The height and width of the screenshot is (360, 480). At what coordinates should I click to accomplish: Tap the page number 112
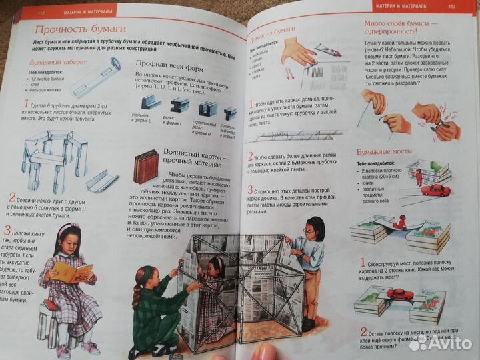[x=41, y=10]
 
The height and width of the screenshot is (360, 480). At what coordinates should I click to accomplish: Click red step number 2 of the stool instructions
[x=12, y=198]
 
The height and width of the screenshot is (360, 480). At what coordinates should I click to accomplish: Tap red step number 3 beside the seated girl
[x=7, y=231]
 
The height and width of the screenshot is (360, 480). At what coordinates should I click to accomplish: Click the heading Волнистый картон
[x=193, y=157]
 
